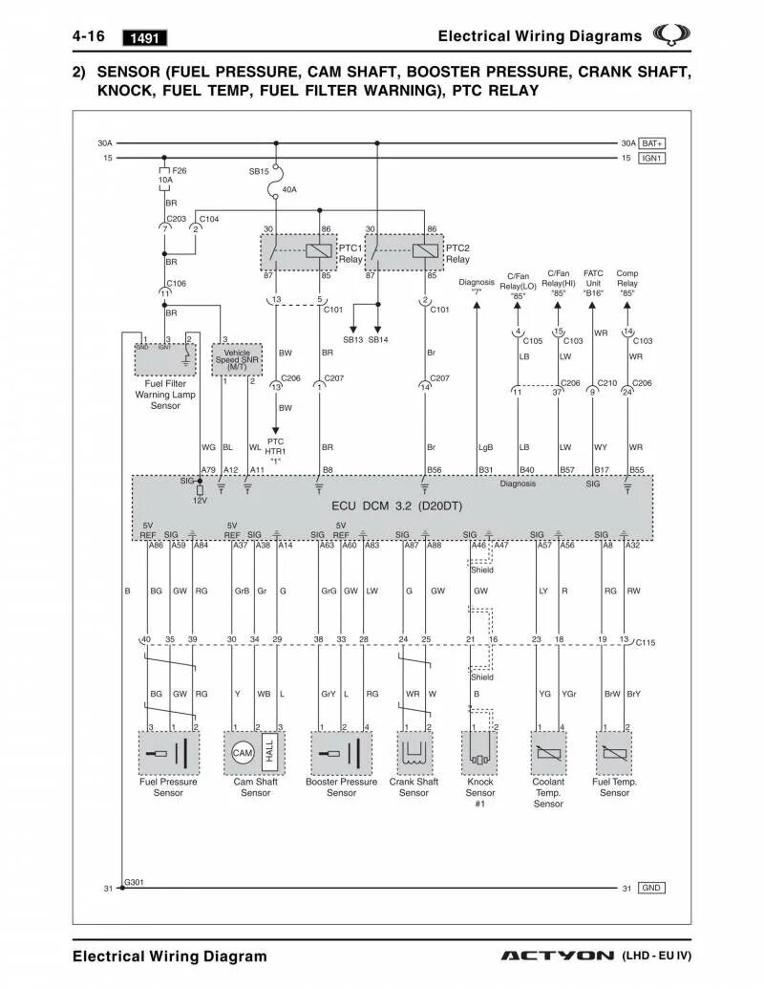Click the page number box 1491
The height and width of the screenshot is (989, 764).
[145, 38]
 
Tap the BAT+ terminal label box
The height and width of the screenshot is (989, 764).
[652, 142]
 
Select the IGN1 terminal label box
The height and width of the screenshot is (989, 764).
[652, 158]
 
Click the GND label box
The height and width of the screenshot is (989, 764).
[651, 888]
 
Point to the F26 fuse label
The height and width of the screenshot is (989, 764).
[180, 170]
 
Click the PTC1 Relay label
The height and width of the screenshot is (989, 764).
[350, 253]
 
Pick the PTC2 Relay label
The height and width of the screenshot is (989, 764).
[457, 253]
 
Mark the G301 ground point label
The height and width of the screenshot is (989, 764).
[134, 882]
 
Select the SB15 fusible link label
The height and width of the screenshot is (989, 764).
[259, 171]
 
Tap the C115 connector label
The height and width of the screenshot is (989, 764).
[647, 643]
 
